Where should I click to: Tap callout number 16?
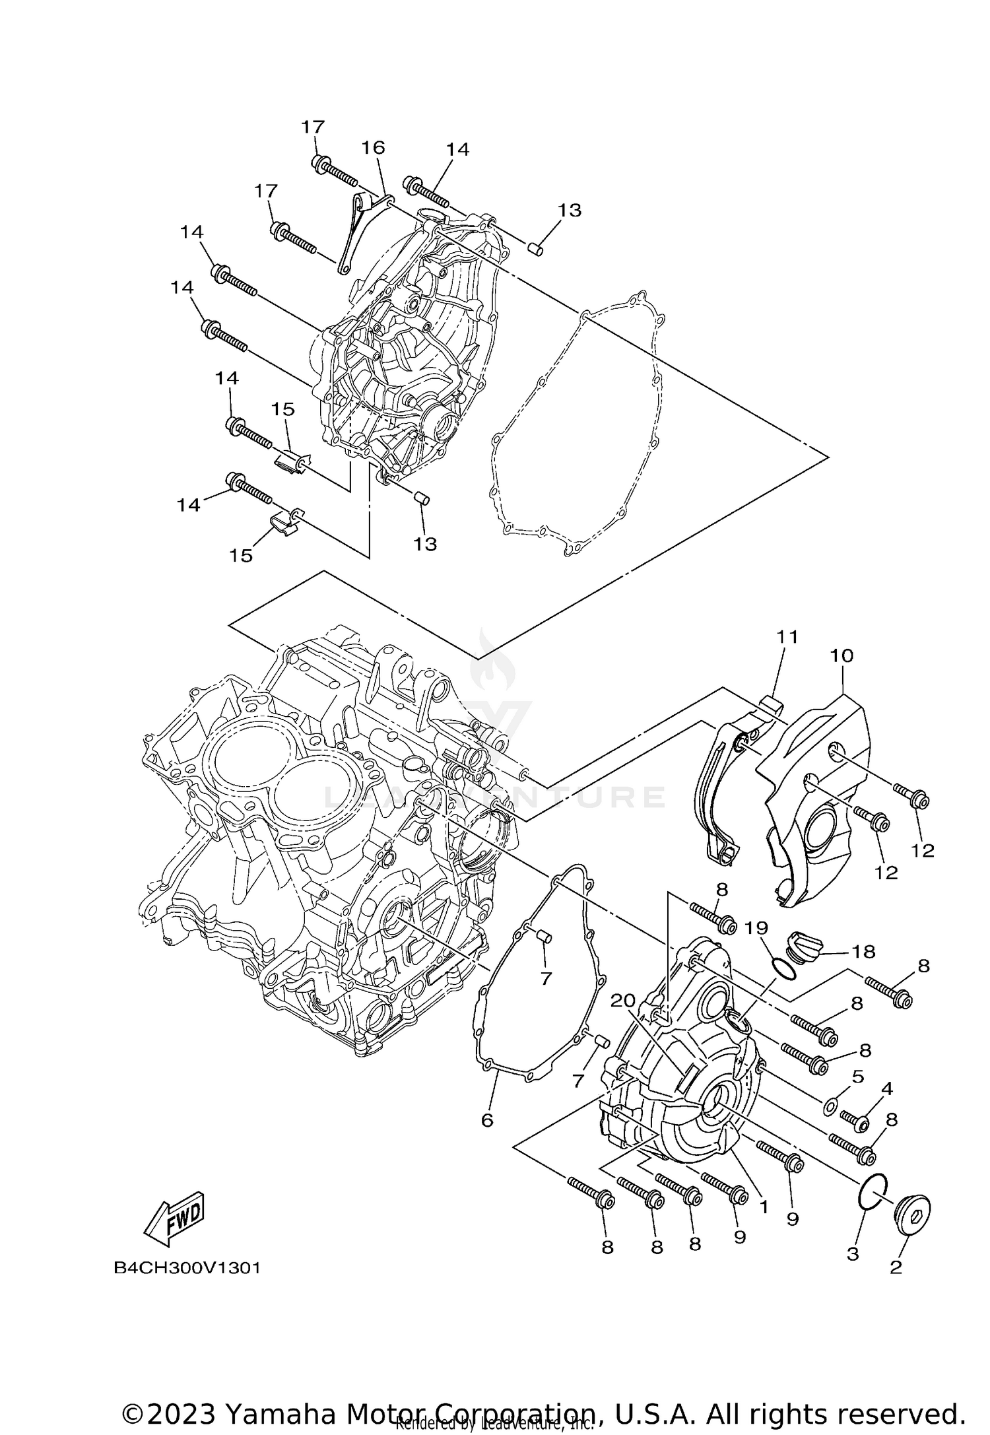373,148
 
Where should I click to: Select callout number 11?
787,637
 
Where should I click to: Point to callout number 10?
841,655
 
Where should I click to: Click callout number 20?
622,1001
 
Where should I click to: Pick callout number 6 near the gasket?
487,1119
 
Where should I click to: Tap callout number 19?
756,928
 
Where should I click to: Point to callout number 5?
857,1077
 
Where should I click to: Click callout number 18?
863,951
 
